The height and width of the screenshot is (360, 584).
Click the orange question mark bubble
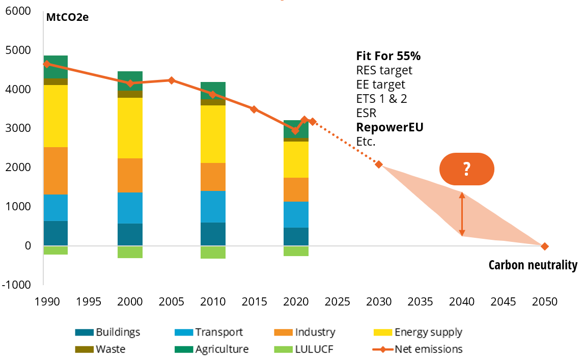tap(467, 169)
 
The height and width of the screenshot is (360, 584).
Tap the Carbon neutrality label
tap(533, 265)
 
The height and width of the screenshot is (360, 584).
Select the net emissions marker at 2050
tap(545, 246)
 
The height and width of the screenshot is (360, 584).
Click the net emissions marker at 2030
tap(379, 164)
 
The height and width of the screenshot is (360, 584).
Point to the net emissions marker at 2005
tap(172, 80)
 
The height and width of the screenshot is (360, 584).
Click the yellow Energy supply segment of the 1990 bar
tap(55, 116)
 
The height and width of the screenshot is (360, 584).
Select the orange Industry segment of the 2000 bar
tap(130, 175)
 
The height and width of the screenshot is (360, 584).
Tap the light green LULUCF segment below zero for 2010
tap(213, 252)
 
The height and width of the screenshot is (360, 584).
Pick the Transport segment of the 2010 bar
tap(213, 207)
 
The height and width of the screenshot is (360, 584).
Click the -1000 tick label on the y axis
tap(17, 285)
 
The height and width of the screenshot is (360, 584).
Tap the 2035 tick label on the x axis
tap(420, 301)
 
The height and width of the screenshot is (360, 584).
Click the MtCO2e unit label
tap(67, 18)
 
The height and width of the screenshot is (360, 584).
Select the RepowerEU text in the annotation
tap(390, 127)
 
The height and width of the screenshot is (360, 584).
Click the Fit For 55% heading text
tap(388, 56)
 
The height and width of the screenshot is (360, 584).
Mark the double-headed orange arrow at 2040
tap(462, 214)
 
